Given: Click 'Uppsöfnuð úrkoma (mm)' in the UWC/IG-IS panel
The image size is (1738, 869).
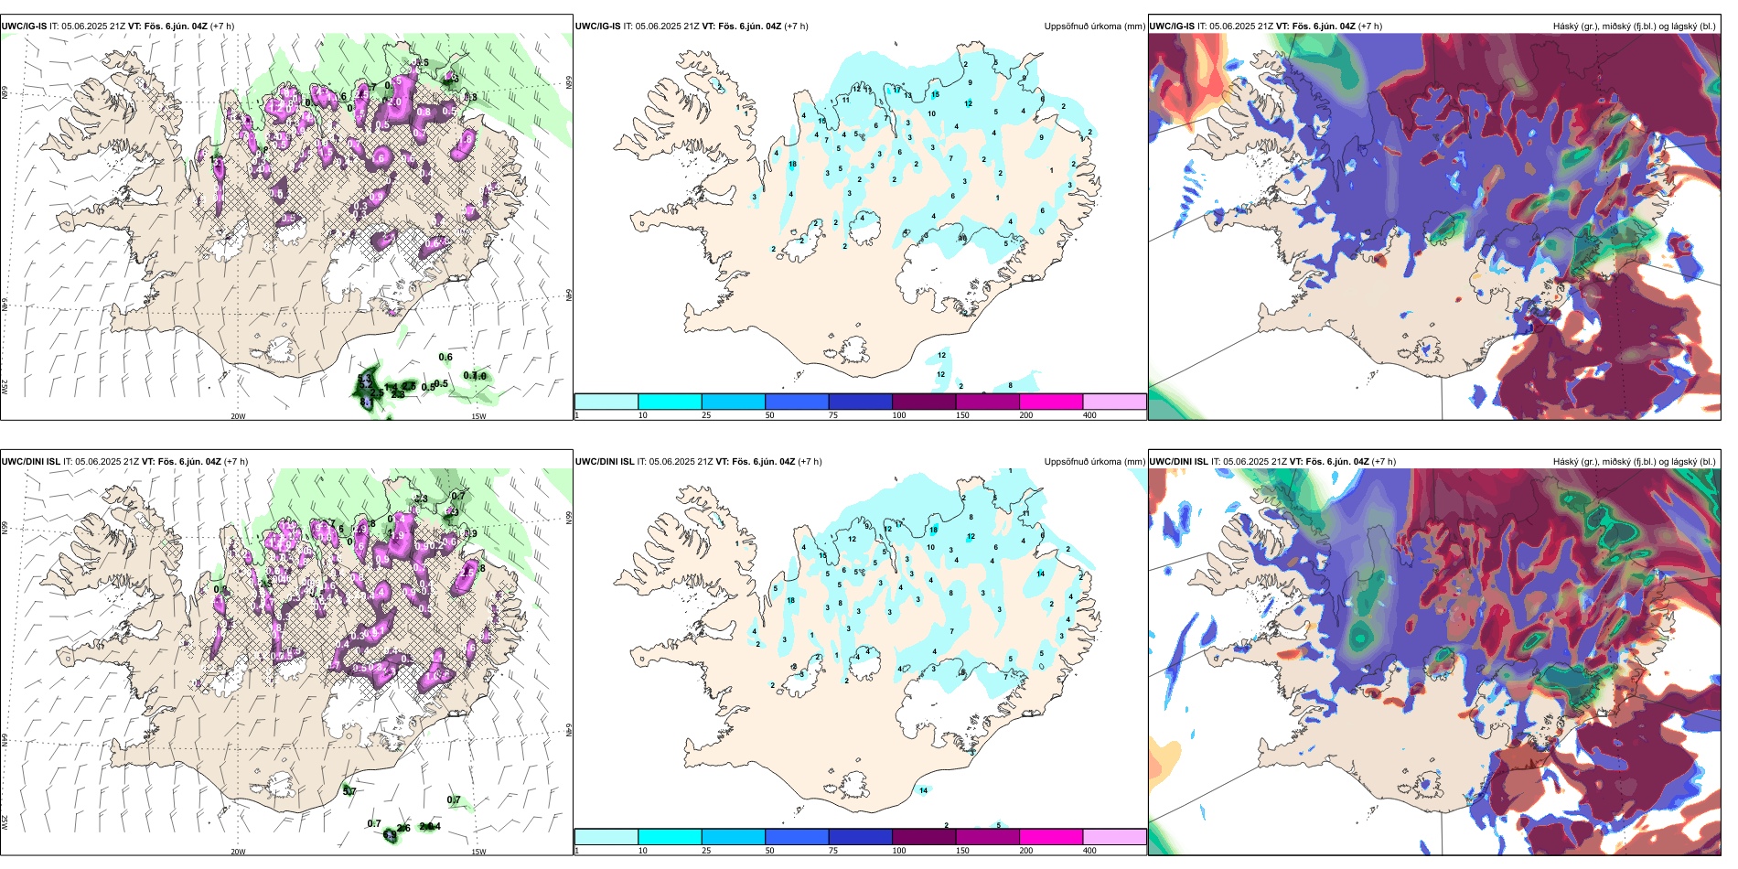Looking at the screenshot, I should (x=1094, y=27).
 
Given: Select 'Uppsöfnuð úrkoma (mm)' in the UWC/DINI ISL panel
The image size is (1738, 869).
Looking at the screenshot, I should (x=1094, y=462).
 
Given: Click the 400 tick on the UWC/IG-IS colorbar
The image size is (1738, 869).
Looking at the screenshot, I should (x=1089, y=415).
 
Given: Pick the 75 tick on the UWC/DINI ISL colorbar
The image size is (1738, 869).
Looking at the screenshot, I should (x=833, y=851).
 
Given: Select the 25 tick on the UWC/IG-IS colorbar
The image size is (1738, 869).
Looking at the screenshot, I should (x=706, y=415).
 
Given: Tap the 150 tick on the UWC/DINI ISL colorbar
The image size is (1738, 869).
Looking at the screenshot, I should (x=962, y=851).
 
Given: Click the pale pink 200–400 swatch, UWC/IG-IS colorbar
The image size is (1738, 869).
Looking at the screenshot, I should (x=1114, y=402).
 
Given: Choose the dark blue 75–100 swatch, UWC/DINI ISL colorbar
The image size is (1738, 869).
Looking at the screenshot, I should (x=860, y=837).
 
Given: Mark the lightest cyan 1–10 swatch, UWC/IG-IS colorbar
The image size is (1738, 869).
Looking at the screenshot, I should (x=606, y=402).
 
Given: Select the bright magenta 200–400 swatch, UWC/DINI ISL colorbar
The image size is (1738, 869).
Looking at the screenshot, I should (x=1051, y=837).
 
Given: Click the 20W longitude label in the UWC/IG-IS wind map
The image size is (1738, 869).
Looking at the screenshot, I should (x=238, y=416).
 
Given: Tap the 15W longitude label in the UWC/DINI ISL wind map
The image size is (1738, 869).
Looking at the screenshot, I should (x=478, y=852).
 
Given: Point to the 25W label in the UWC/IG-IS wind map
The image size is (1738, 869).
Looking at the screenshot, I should (x=5, y=386).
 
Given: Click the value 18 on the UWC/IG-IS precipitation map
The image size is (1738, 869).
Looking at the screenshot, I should (x=792, y=165).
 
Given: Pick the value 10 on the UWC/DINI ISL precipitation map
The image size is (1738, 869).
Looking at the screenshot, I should (x=930, y=548).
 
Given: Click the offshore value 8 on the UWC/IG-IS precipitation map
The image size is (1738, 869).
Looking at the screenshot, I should (x=1010, y=386).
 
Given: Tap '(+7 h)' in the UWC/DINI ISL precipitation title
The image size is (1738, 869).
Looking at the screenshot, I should (x=810, y=462).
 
